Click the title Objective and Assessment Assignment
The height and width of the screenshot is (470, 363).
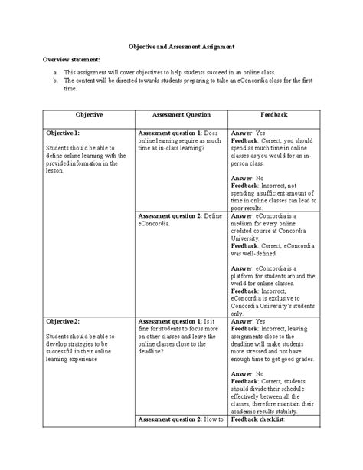[x=181, y=46]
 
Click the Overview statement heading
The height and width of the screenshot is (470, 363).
[x=72, y=59]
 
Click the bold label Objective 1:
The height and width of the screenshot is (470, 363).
[x=63, y=133]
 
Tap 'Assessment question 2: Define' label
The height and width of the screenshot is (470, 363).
[x=179, y=216]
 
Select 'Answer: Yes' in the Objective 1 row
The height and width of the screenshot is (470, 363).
[x=248, y=133]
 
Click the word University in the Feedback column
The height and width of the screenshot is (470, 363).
[x=247, y=238]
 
